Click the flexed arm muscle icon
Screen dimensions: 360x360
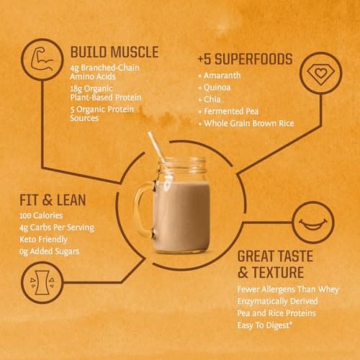click(x=42, y=59)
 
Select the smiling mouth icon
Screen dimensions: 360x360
click(x=313, y=224)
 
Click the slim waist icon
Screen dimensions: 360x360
click(x=42, y=282)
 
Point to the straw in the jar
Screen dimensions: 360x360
click(x=157, y=147)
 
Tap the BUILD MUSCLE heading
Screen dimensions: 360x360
click(x=114, y=52)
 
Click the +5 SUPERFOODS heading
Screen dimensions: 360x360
click(x=245, y=59)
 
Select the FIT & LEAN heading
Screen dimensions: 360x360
click(x=53, y=200)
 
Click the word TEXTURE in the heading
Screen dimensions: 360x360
click(x=278, y=273)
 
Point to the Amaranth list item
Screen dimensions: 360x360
click(x=220, y=76)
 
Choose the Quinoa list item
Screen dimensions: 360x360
click(x=215, y=88)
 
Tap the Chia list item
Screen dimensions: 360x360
click(x=210, y=99)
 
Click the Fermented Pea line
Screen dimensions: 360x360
click(x=228, y=112)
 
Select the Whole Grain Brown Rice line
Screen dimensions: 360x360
click(x=246, y=123)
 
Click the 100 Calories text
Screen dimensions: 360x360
click(x=41, y=215)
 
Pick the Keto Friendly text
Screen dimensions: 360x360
click(x=43, y=240)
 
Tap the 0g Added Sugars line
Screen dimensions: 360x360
click(x=49, y=251)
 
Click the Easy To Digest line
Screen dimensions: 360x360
click(x=265, y=325)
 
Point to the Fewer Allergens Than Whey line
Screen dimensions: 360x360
click(x=288, y=289)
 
